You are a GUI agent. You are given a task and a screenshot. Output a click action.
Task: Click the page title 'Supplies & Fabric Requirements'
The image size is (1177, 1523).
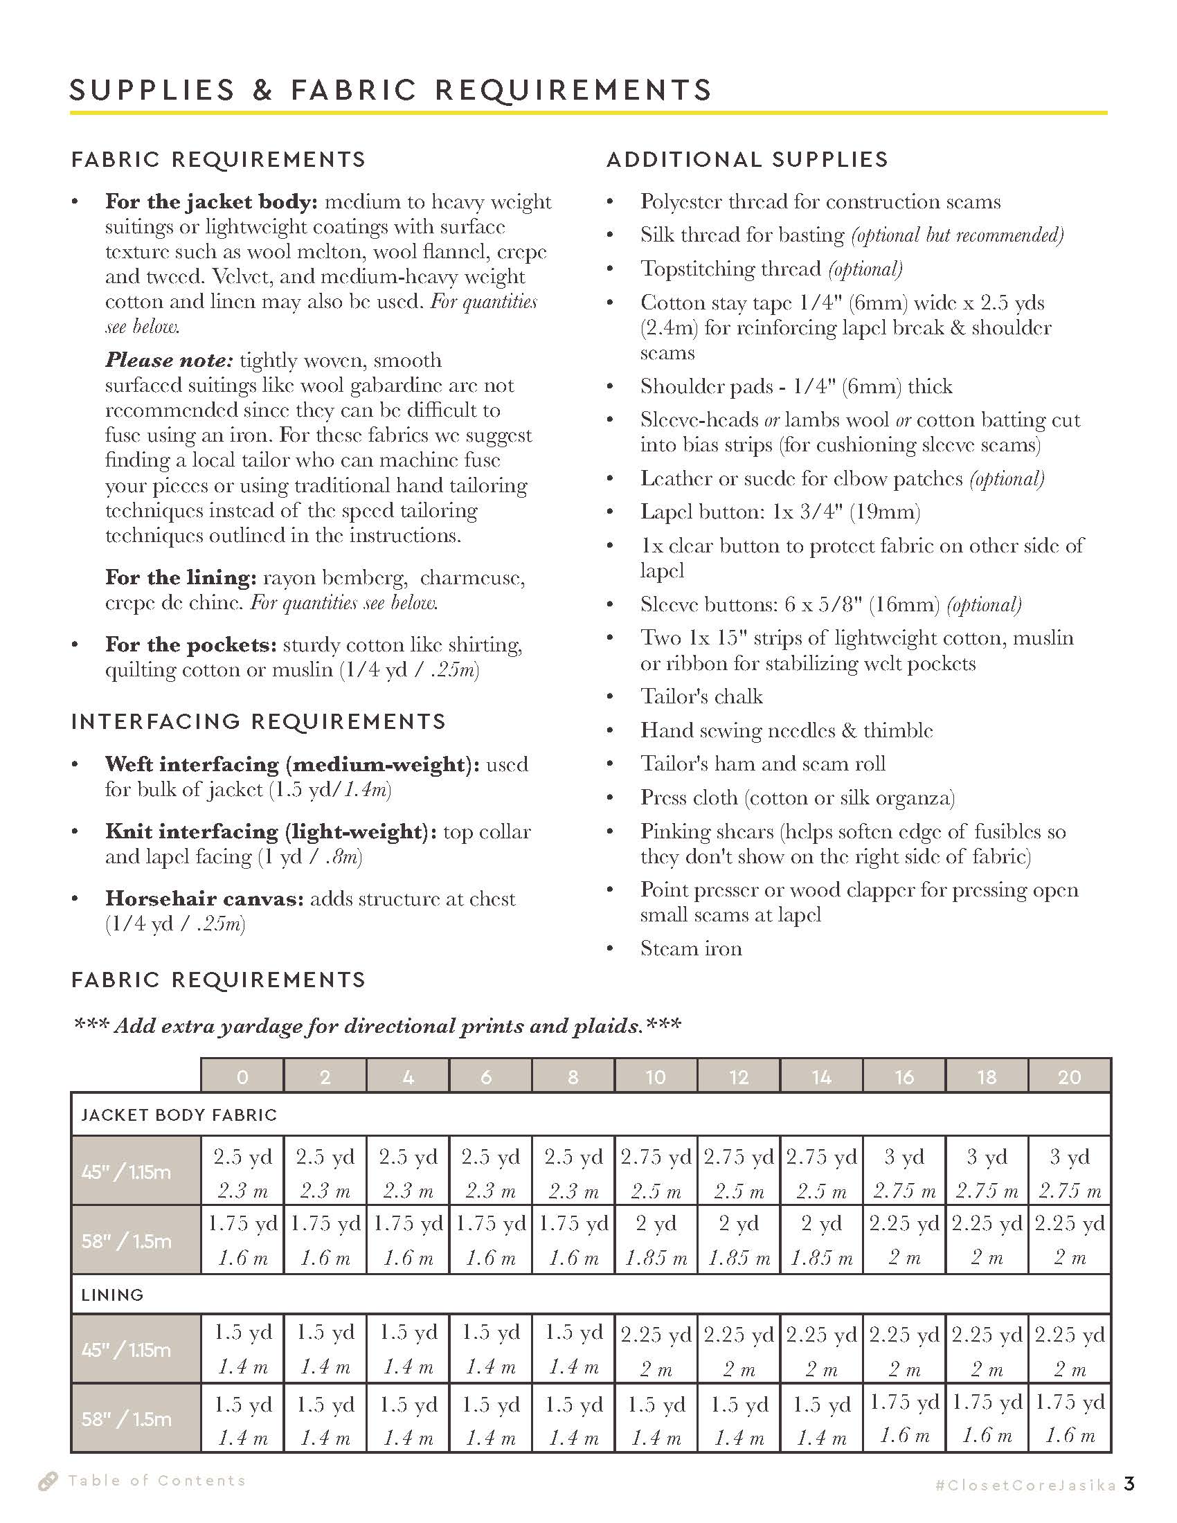tap(390, 91)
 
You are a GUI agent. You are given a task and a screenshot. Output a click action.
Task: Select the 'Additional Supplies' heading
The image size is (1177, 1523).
tap(748, 160)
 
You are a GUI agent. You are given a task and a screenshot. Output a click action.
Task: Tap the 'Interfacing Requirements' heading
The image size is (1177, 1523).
tap(258, 721)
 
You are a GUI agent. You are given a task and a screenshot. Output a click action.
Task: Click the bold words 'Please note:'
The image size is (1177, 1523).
tap(169, 361)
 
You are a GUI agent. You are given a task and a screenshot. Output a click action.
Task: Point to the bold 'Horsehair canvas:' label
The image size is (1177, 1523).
tap(204, 898)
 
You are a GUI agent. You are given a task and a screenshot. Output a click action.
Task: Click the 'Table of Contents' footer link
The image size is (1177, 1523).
tap(156, 1481)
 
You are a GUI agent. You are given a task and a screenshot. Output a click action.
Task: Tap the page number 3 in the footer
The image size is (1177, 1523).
tap(1129, 1484)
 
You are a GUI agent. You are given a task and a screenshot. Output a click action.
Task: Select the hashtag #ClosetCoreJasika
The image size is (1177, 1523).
tap(1025, 1485)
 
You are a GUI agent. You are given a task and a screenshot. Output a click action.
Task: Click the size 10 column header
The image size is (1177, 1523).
tap(656, 1077)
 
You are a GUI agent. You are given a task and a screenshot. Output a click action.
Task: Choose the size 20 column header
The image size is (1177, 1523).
tap(1069, 1077)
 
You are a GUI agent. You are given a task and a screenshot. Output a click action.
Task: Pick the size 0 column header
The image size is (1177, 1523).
tap(242, 1077)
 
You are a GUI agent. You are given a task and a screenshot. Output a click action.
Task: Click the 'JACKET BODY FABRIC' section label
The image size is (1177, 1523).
tap(179, 1115)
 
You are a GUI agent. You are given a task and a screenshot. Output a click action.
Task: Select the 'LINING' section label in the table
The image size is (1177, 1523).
tap(112, 1295)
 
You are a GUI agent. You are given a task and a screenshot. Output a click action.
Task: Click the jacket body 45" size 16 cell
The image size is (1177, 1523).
tap(904, 1173)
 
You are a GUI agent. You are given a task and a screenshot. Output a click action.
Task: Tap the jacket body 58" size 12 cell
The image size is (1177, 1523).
tap(739, 1241)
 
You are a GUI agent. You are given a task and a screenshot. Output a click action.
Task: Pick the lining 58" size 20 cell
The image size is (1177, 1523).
tap(1069, 1418)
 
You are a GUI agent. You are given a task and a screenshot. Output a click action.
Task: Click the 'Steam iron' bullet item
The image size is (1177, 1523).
tap(691, 948)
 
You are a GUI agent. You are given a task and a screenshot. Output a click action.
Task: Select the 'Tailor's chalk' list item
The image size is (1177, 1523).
tap(701, 696)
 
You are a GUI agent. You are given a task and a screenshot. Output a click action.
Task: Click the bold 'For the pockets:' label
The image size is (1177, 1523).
tap(190, 645)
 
